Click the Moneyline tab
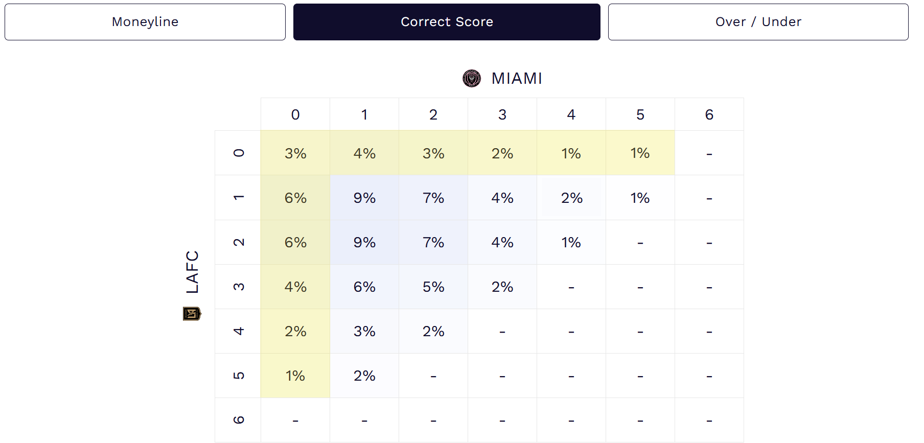click(x=145, y=22)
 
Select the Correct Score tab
click(x=447, y=22)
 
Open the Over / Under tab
click(x=758, y=22)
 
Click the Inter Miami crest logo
click(x=472, y=79)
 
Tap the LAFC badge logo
click(x=192, y=313)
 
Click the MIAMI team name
click(x=517, y=79)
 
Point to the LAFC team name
click(x=192, y=272)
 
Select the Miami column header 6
click(x=709, y=114)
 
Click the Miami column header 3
click(x=502, y=114)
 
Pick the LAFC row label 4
click(x=238, y=331)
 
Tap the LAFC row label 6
click(x=238, y=420)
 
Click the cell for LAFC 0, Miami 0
click(x=295, y=153)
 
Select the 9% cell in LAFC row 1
click(x=364, y=198)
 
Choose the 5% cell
click(x=433, y=287)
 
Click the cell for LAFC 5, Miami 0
click(x=295, y=376)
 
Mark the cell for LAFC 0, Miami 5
click(x=640, y=153)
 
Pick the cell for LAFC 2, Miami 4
click(x=571, y=242)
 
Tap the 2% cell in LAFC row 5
click(x=364, y=376)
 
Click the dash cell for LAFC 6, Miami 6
click(x=709, y=420)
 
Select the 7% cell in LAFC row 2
click(x=433, y=242)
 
